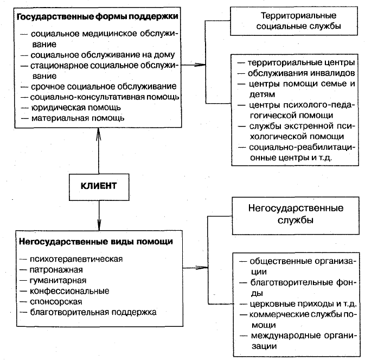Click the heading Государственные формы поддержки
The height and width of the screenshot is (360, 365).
coord(98,17)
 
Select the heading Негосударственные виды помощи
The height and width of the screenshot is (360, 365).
coord(96,242)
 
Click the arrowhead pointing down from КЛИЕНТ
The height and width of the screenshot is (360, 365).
coord(99,224)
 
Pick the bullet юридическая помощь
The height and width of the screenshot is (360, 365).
coord(76,108)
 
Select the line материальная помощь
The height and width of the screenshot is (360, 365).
coord(78,118)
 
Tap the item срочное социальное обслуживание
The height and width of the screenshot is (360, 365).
coord(104,86)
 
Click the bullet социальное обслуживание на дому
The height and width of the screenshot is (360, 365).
coord(103,55)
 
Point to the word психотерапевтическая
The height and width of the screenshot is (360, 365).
coord(76,259)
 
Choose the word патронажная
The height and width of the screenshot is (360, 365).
coord(56,270)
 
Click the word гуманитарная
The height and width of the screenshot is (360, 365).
coord(58,280)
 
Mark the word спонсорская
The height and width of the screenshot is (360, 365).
coord(56,302)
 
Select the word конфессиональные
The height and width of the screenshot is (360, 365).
coord(69,291)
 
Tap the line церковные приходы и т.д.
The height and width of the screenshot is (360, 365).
coord(303,304)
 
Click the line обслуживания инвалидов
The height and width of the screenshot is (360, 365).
coord(301,73)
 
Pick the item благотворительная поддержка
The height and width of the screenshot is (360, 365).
coord(93,312)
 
